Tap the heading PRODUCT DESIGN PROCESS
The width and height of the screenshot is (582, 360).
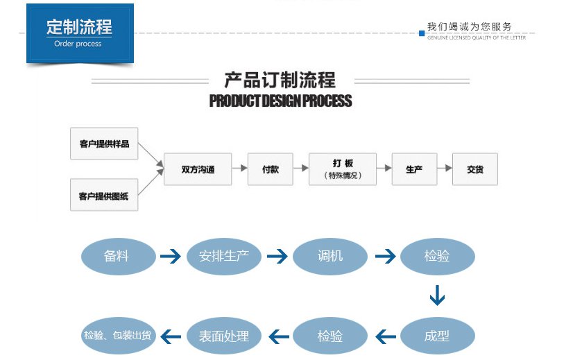[x=280, y=101]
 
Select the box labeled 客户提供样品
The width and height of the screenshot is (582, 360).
[x=104, y=144]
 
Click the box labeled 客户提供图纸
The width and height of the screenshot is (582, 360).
[x=104, y=196]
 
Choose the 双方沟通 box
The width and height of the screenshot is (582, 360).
[x=197, y=169]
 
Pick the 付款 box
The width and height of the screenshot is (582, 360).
[x=270, y=169]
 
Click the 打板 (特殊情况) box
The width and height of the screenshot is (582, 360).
[x=343, y=169]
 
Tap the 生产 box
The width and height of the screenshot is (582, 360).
[x=414, y=169]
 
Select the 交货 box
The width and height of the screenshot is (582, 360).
[x=475, y=169]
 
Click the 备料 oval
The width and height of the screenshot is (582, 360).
[x=117, y=256]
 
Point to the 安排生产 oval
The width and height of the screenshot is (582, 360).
[x=223, y=256]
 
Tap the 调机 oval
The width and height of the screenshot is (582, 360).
[x=330, y=256]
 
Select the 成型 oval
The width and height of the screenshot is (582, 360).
[x=437, y=336]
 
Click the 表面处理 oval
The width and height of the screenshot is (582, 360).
[x=223, y=336]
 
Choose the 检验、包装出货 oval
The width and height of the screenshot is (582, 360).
[x=117, y=336]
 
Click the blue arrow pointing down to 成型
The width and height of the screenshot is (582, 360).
[x=437, y=296]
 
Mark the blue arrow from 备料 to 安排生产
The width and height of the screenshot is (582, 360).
[x=170, y=257]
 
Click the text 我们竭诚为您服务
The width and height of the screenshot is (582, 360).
[x=470, y=27]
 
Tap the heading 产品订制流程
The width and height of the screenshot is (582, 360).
[x=280, y=79]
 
